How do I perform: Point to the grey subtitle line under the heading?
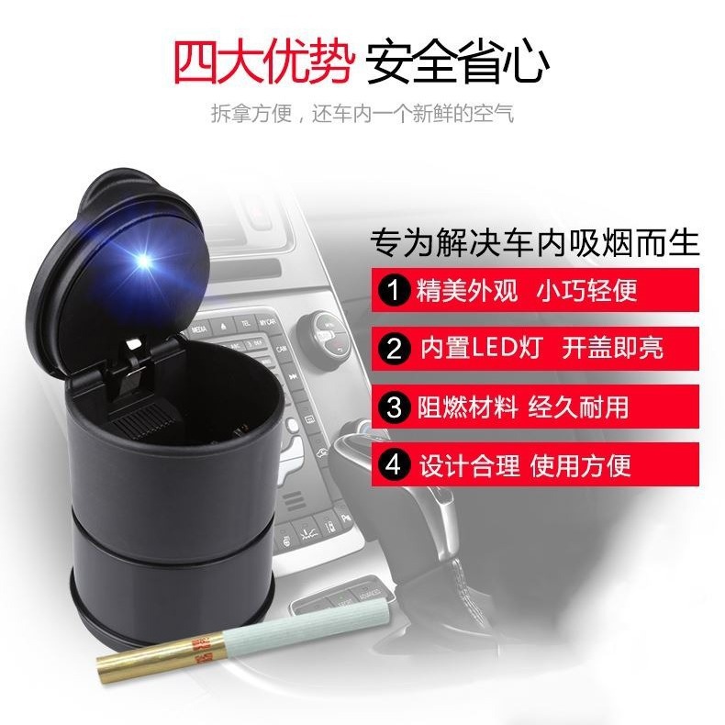click(362, 115)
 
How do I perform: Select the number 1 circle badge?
click(394, 291)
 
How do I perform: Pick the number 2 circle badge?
click(394, 349)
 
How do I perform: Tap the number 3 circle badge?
click(394, 407)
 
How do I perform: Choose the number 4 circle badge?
click(394, 465)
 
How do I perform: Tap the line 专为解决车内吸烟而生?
click(534, 243)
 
